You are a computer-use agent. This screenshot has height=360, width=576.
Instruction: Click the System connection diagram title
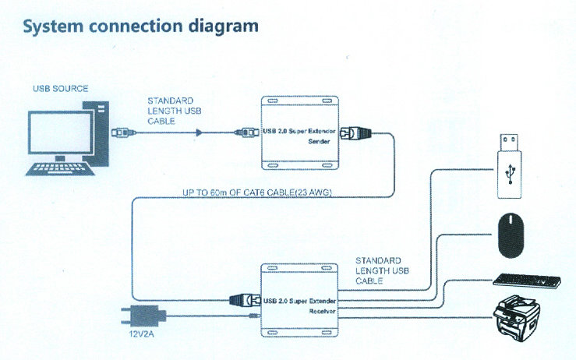click(141, 26)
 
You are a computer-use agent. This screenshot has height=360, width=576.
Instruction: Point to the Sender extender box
click(300, 133)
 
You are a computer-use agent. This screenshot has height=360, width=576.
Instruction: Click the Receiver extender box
click(300, 301)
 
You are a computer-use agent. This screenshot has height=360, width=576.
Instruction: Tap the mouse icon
click(513, 235)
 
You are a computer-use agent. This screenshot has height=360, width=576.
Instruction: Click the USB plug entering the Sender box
click(247, 132)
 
